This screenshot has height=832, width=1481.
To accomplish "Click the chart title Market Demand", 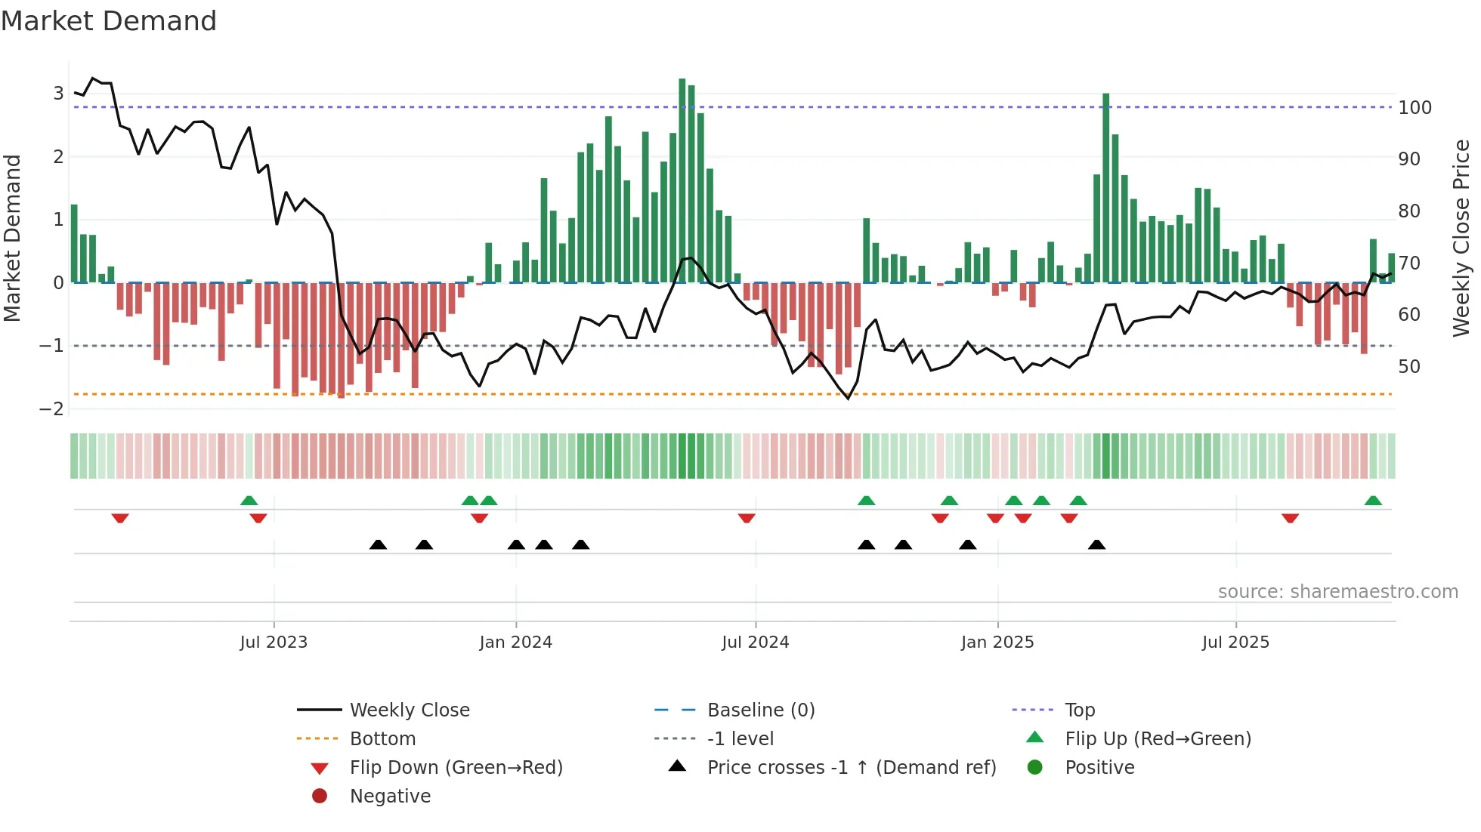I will pyautogui.click(x=109, y=21).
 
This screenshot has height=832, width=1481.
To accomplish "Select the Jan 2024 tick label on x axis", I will pyautogui.click(x=515, y=642).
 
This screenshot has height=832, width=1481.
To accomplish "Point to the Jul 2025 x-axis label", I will pyautogui.click(x=1235, y=642).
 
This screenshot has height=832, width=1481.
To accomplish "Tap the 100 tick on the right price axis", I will pyautogui.click(x=1415, y=108).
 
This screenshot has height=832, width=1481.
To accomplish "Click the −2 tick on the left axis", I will pyautogui.click(x=51, y=409).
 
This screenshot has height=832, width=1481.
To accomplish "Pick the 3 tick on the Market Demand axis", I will pyautogui.click(x=58, y=94).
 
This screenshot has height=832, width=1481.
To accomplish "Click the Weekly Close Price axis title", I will pyautogui.click(x=1461, y=238).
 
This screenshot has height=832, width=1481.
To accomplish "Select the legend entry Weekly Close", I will pyautogui.click(x=409, y=710).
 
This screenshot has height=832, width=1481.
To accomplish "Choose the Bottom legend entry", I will pyautogui.click(x=382, y=739).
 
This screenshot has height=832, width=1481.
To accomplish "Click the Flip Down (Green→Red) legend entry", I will pyautogui.click(x=456, y=768).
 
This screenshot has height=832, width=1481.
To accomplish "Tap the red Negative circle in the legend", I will pyautogui.click(x=320, y=797).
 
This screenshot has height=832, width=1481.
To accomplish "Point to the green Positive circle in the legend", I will pyautogui.click(x=1035, y=768).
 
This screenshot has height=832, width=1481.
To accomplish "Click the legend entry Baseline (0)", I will pyautogui.click(x=760, y=710).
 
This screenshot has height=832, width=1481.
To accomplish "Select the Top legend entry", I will pyautogui.click(x=1080, y=710).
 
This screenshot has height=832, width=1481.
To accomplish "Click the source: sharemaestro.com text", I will pyautogui.click(x=1337, y=592).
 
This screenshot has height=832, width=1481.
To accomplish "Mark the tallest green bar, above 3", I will pyautogui.click(x=682, y=181).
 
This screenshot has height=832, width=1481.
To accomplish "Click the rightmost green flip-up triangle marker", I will pyautogui.click(x=1373, y=501).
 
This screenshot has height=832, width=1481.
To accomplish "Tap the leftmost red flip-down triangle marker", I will pyautogui.click(x=120, y=518).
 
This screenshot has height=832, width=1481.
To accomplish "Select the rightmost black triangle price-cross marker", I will pyautogui.click(x=1096, y=545).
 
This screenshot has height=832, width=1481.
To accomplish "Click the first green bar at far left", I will pyautogui.click(x=74, y=243).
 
